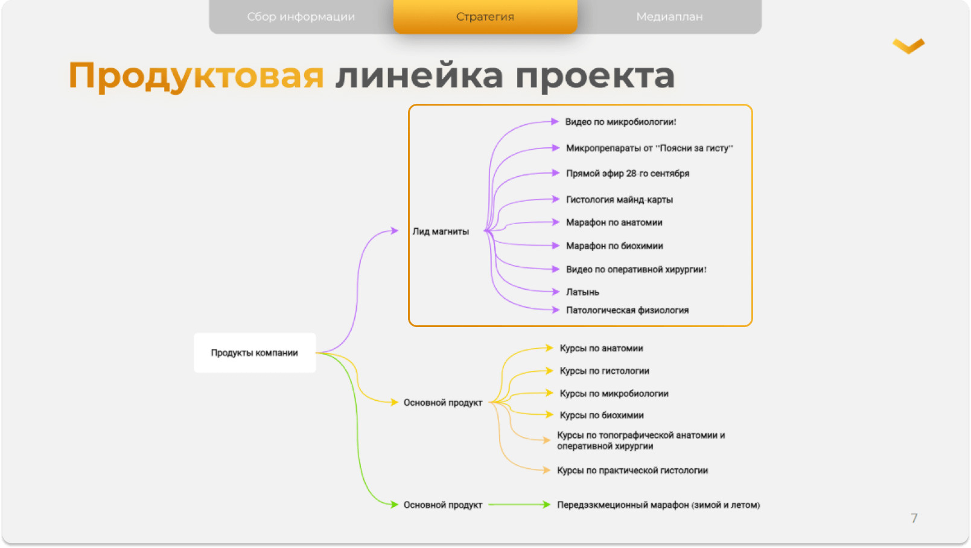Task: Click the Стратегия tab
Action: (x=485, y=16)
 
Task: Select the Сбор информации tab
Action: (x=301, y=16)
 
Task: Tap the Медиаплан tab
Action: (x=669, y=16)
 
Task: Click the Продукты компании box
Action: (x=255, y=352)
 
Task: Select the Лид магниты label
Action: (x=441, y=232)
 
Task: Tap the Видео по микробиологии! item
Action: (x=620, y=122)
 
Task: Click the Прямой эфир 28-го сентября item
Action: (x=628, y=173)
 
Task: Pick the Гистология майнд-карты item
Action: (x=619, y=200)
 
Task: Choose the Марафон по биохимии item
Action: (x=614, y=246)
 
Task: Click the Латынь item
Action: (x=582, y=292)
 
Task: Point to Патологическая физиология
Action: (x=627, y=310)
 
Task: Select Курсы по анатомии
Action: (x=601, y=348)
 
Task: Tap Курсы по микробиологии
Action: (x=614, y=393)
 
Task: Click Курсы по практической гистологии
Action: (x=632, y=471)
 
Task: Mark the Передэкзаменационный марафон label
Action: (x=658, y=505)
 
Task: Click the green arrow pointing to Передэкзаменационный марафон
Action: (x=519, y=505)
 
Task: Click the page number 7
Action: (x=914, y=518)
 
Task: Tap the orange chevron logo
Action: (x=909, y=46)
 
